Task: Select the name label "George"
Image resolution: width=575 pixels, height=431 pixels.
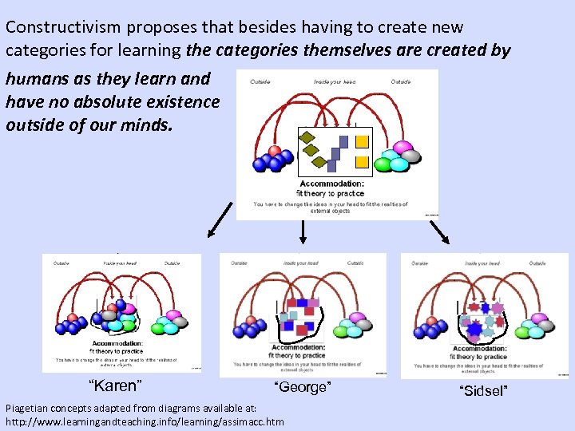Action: (x=301, y=388)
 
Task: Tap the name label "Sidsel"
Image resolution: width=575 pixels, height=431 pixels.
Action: (x=483, y=391)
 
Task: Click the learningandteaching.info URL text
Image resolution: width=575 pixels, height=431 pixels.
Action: (x=145, y=421)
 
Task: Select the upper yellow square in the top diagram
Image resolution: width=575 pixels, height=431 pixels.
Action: (x=362, y=142)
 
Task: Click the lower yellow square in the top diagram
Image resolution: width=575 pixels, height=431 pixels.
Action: (x=362, y=162)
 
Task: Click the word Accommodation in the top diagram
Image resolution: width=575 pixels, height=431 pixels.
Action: (x=330, y=183)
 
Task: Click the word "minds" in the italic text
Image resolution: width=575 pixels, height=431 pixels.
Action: (x=144, y=125)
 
